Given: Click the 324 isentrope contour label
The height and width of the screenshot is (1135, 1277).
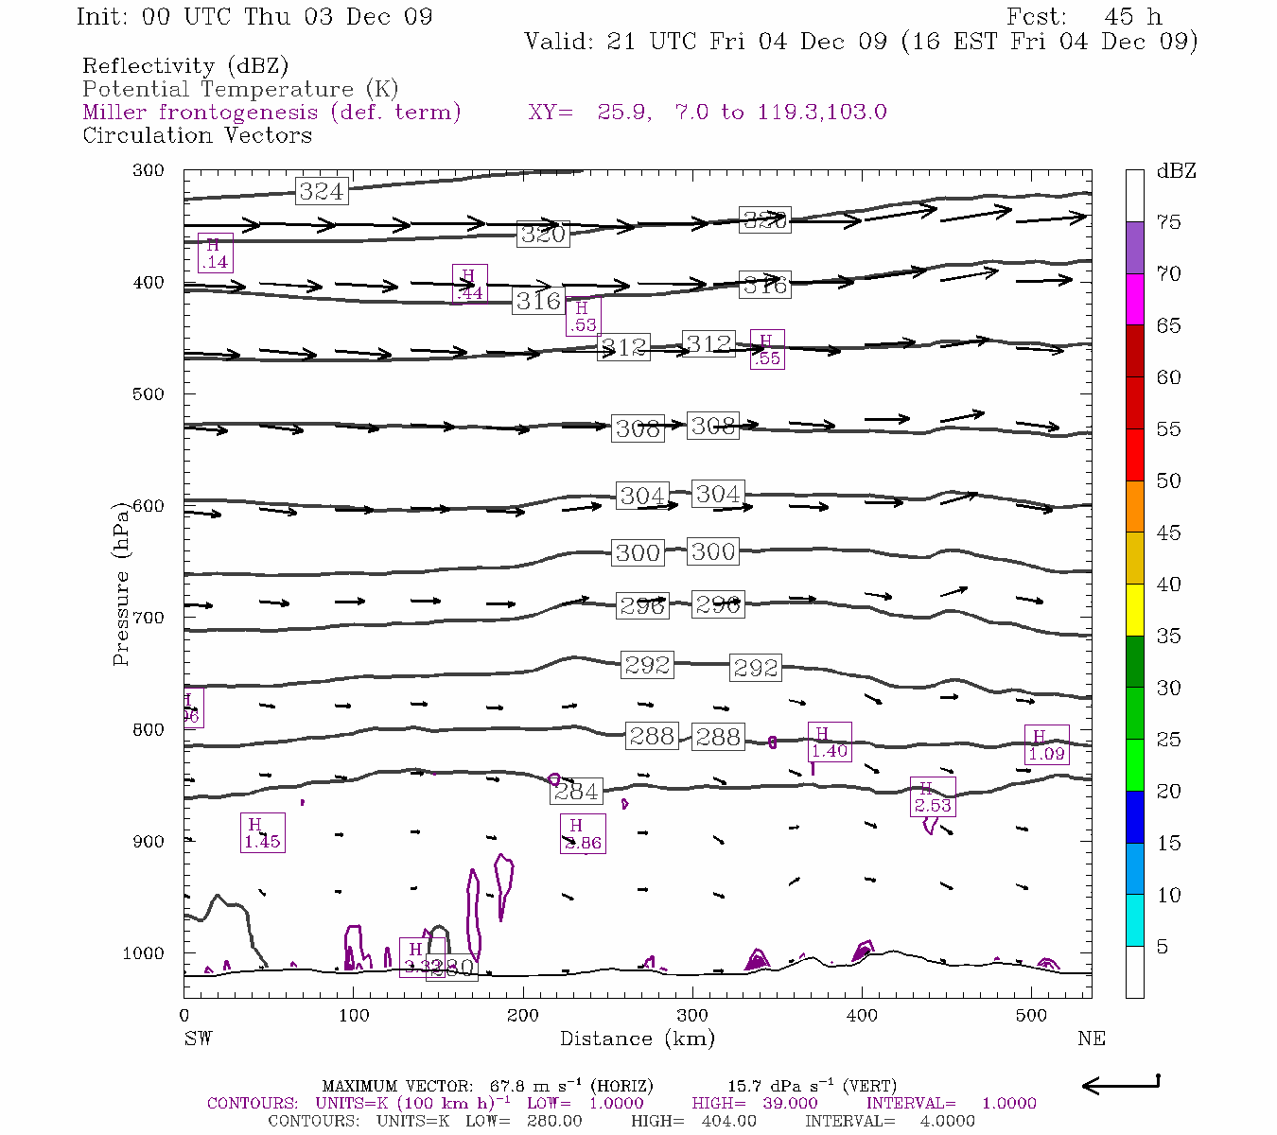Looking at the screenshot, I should [x=321, y=191].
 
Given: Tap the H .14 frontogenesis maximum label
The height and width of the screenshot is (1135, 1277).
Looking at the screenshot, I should [x=215, y=253].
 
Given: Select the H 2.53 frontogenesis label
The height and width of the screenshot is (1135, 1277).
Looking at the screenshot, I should [x=932, y=796].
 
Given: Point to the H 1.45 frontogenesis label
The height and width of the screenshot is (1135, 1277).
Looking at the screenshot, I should [x=262, y=833].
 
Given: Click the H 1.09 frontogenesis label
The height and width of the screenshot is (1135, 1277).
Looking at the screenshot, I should [x=1046, y=745].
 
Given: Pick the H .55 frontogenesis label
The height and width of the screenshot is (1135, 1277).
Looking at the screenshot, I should [x=766, y=349].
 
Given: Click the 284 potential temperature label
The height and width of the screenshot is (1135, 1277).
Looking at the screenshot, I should [x=576, y=792].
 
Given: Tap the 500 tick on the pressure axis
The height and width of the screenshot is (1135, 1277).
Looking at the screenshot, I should [x=149, y=394].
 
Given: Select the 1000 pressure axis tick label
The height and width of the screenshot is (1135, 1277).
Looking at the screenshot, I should [x=144, y=953].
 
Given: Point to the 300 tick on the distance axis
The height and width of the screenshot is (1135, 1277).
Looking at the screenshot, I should [x=692, y=1016].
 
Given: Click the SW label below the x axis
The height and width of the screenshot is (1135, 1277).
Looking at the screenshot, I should [x=198, y=1039].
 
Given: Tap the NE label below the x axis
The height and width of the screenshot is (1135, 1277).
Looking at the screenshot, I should [x=1091, y=1039].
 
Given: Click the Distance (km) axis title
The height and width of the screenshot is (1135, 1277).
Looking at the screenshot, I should [x=637, y=1039].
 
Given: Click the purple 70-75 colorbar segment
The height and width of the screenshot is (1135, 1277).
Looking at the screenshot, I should [x=1134, y=248].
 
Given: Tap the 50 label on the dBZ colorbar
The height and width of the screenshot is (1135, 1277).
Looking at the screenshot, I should [x=1169, y=481].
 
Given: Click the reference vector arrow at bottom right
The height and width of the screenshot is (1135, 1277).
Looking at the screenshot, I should [x=1120, y=1085].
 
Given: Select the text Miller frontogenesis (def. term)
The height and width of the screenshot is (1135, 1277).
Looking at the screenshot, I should [x=271, y=113].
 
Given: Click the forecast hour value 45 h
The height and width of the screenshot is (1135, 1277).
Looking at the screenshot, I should [x=1132, y=17].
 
